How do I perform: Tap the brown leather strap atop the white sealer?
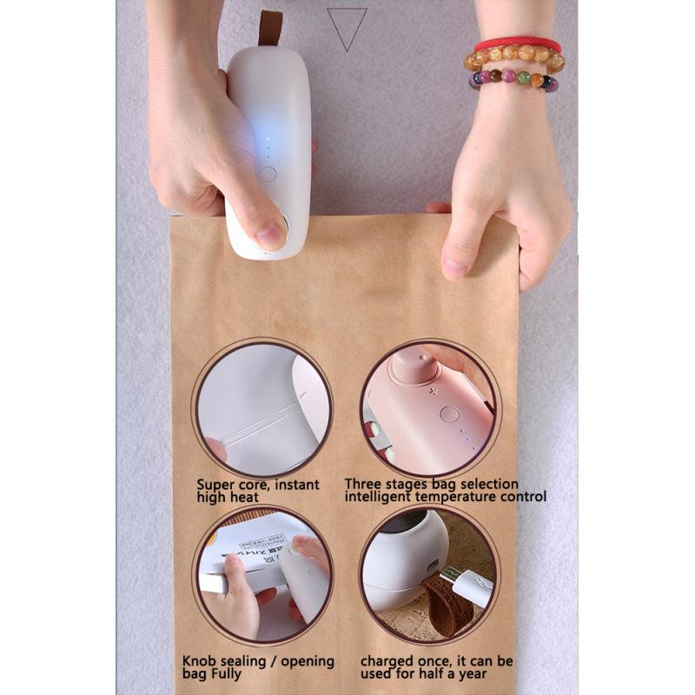click(271, 28)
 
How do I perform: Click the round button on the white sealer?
click(268, 174)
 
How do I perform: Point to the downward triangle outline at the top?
click(347, 29)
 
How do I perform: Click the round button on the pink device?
click(449, 414)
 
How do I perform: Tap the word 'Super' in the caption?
click(215, 485)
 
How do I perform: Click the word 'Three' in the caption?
click(363, 484)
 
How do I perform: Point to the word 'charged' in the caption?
click(387, 661)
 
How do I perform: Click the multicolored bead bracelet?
click(513, 82)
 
